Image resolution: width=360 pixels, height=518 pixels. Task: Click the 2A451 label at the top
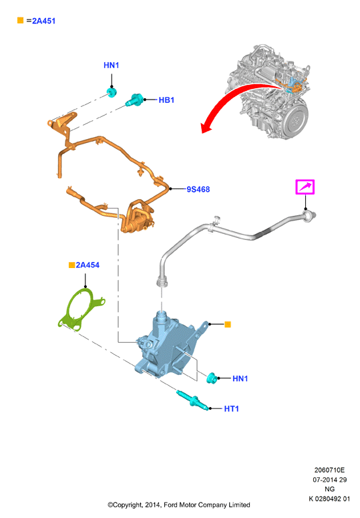(x=43, y=21)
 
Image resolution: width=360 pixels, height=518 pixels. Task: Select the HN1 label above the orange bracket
(x=111, y=65)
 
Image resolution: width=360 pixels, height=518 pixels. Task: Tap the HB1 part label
(x=166, y=100)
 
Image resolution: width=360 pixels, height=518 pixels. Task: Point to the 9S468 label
(x=198, y=189)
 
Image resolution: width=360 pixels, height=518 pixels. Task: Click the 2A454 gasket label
(x=87, y=265)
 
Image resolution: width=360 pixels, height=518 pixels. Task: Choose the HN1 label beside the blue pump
(x=240, y=378)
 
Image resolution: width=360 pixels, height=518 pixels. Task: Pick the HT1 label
(x=231, y=408)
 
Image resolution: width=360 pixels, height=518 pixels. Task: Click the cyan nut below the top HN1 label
(x=112, y=92)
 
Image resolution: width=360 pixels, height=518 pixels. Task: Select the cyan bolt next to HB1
(x=134, y=100)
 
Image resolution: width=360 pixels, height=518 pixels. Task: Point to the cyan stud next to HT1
(x=193, y=400)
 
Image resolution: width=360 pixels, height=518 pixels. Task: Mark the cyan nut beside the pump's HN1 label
(x=212, y=378)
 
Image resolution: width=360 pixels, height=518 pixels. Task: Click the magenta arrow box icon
(x=305, y=187)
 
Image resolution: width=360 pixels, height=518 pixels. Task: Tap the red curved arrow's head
(x=206, y=126)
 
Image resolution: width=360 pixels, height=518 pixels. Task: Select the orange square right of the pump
(x=228, y=324)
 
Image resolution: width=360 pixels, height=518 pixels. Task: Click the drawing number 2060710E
(x=329, y=470)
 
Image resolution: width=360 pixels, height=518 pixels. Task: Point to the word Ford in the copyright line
(x=170, y=505)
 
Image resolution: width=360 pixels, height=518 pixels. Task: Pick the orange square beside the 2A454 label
(x=71, y=265)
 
